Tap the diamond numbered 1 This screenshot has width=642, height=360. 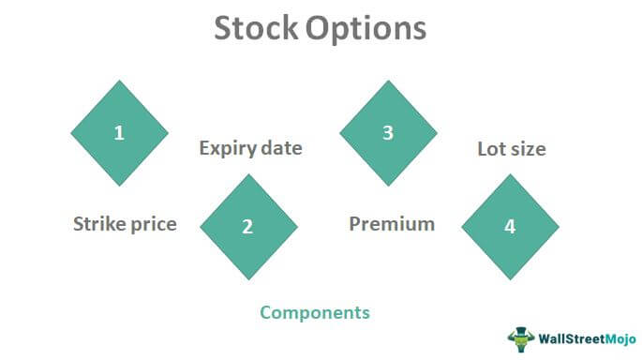(119, 133)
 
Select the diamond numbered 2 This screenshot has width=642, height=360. (247, 226)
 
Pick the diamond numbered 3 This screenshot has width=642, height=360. (387, 133)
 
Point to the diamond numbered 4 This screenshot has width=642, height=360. (510, 226)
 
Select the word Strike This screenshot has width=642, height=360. (98, 224)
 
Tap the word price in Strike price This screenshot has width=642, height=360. (152, 225)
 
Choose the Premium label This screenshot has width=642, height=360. (392, 224)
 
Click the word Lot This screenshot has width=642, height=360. (492, 148)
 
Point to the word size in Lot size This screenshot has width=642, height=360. (528, 148)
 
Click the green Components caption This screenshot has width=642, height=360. (315, 312)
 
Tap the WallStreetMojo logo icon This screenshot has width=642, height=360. (520, 336)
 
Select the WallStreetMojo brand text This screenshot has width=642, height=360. (582, 337)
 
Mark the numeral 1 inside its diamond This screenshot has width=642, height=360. (119, 133)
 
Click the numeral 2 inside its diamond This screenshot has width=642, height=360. (247, 226)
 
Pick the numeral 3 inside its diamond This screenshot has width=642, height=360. (387, 133)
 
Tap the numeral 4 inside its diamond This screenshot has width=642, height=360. (510, 226)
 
